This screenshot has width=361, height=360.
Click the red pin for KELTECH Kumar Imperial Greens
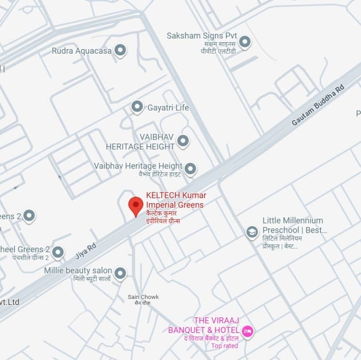[136, 206]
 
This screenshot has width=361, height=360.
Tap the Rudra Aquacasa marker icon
[120, 51]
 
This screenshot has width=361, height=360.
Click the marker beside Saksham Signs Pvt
[245, 42]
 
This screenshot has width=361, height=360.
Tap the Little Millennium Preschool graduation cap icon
[252, 232]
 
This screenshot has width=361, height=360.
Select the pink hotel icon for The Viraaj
[247, 330]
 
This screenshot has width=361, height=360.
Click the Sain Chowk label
[143, 297]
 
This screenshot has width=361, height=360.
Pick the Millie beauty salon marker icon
[120, 273]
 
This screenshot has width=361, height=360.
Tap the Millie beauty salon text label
[78, 270]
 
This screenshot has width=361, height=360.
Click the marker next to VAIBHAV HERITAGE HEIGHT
[182, 141]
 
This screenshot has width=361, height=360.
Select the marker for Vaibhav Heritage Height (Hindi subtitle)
[190, 169]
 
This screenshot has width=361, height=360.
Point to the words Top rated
[225, 346]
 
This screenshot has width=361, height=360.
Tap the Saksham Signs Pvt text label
[202, 36]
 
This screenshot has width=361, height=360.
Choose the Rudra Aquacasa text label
[82, 51]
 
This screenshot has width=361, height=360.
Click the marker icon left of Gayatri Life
[137, 107]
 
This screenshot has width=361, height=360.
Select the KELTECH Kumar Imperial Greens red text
[176, 200]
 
